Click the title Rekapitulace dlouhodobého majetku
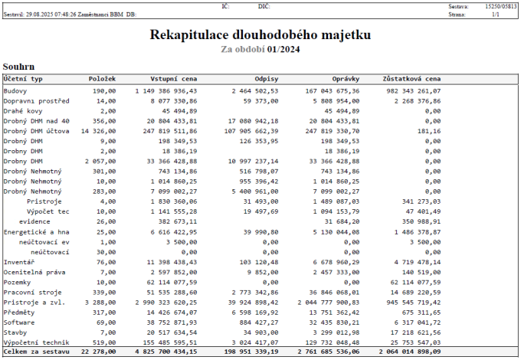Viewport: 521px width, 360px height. [x=260, y=35]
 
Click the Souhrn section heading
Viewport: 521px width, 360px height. [x=18, y=67]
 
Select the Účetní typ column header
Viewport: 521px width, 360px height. [x=23, y=79]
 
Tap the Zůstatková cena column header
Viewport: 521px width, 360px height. [x=411, y=79]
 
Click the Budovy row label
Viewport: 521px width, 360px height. [x=16, y=90]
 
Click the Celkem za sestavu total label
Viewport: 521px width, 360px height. [x=34, y=352]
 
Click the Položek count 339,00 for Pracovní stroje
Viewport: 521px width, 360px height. [x=103, y=292]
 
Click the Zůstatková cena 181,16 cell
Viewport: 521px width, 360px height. [x=428, y=131]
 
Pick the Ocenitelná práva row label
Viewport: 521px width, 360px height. [x=34, y=272]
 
